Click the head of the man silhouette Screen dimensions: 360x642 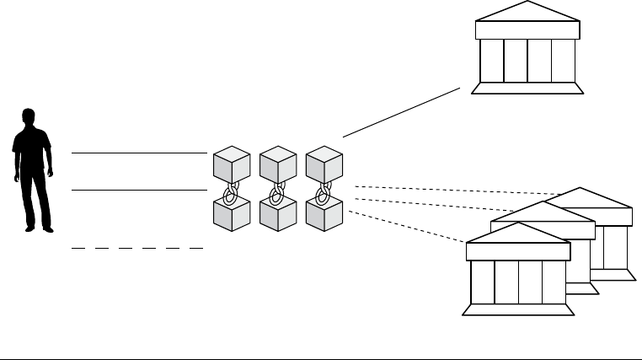tap(29, 117)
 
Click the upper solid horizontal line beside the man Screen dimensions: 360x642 tap(139, 153)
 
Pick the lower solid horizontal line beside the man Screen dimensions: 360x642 tap(139, 191)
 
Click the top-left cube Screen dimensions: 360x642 tap(232, 164)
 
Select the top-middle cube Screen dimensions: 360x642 tap(278, 164)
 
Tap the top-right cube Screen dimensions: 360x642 tap(324, 164)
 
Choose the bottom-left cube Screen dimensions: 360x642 tap(232, 213)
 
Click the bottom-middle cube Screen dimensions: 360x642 tap(278, 213)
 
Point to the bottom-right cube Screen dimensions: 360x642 tap(324, 213)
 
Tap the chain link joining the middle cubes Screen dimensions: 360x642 tap(276, 190)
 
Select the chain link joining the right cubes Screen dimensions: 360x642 tap(322, 190)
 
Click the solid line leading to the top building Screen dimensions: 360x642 tap(402, 111)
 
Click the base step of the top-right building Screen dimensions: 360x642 tap(527, 88)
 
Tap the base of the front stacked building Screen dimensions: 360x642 tap(518, 309)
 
